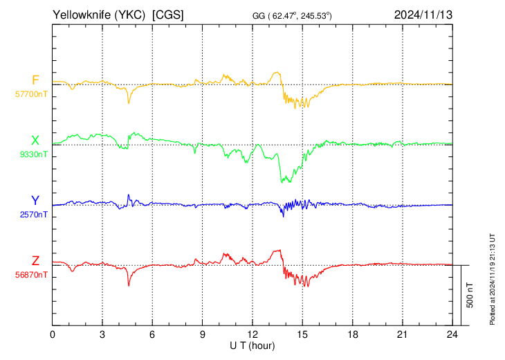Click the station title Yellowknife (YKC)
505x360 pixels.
coord(99,15)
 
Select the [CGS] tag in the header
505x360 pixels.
coord(168,15)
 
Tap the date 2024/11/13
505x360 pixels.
coord(423,15)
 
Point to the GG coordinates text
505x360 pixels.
coord(292,15)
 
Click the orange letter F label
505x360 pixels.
coord(35,80)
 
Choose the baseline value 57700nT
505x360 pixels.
coord(31,94)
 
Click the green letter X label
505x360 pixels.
coord(35,141)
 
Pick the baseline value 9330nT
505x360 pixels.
coord(33,154)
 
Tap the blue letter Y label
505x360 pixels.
coord(35,201)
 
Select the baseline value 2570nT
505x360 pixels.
coord(33,215)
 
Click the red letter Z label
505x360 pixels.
coord(35,261)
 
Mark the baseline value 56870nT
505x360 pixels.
coord(31,275)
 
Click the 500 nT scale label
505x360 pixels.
coord(470,295)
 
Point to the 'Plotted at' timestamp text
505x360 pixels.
coord(492,279)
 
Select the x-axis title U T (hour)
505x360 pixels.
coord(252,346)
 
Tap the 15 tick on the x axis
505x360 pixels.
coord(302,334)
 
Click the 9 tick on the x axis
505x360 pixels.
coord(202,334)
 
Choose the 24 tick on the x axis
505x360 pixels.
coord(452,334)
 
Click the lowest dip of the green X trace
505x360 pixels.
coord(282,182)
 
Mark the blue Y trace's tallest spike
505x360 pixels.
coord(129,195)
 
